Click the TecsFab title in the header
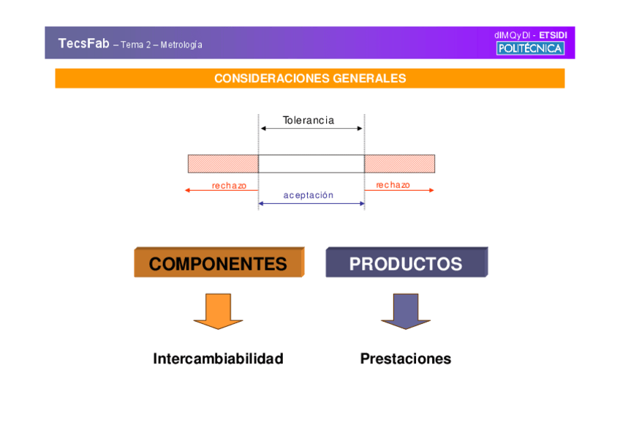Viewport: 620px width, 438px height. (x=83, y=43)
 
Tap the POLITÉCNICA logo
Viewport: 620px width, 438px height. (x=530, y=48)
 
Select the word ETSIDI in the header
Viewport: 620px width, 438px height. (x=553, y=34)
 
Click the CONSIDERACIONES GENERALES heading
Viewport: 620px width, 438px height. (x=310, y=78)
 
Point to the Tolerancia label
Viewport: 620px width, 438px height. (x=309, y=120)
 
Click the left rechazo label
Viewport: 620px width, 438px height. (x=229, y=186)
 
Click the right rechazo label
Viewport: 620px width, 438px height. (x=393, y=185)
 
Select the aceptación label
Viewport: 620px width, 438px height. (x=309, y=195)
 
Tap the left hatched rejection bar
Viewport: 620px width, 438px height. (x=223, y=164)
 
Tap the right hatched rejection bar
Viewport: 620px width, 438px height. (x=399, y=164)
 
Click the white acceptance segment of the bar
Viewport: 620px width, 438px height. (x=311, y=164)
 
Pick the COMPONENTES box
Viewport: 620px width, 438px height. (x=219, y=263)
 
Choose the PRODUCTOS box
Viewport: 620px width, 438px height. (x=406, y=263)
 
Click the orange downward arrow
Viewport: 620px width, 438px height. (x=218, y=310)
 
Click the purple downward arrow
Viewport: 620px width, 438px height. (x=405, y=310)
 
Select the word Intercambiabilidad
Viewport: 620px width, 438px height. (x=218, y=359)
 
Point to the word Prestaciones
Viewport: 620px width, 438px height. (x=405, y=359)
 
